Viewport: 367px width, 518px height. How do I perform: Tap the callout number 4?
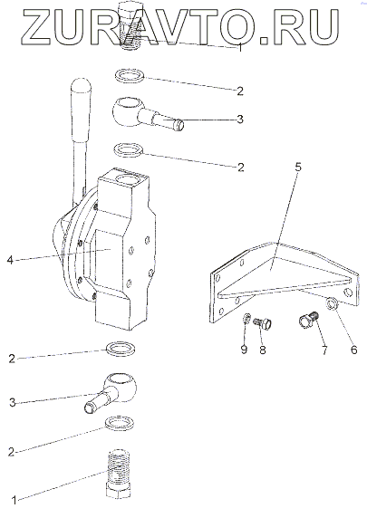pos(10,260)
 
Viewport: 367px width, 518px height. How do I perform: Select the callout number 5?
pos(298,168)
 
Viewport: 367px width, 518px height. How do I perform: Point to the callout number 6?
pos(353,350)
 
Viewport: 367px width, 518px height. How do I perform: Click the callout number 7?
pos(324,350)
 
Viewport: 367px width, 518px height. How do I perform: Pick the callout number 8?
pos(263,350)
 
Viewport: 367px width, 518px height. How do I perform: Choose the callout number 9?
pos(244,350)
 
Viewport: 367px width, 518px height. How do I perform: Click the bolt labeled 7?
pos(308,320)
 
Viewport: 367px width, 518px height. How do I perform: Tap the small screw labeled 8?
pos(263,322)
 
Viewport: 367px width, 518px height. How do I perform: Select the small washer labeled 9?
pos(246,320)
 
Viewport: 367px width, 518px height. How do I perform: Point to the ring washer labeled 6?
pos(332,304)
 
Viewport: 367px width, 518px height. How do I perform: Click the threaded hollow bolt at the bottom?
pos(119,472)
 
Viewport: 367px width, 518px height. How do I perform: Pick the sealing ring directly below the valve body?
pos(120,348)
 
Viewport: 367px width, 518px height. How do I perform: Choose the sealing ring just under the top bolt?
pos(130,76)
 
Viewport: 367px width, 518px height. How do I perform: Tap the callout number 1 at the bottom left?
pos(14,500)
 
